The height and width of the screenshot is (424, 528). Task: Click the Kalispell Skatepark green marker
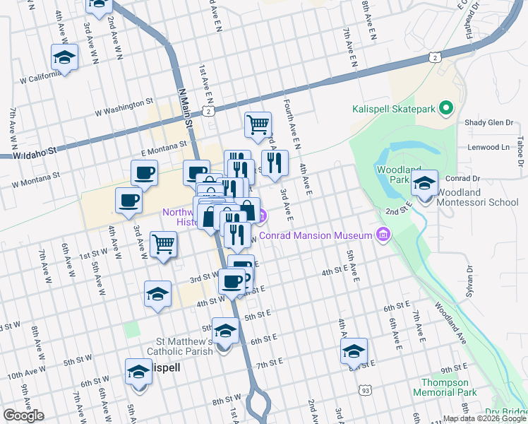pyautogui.click(x=445, y=108)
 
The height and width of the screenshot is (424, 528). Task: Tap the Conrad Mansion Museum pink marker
pyautogui.click(x=383, y=235)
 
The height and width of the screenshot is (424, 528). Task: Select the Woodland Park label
pyautogui.click(x=393, y=175)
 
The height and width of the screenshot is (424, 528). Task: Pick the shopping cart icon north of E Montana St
pyautogui.click(x=258, y=124)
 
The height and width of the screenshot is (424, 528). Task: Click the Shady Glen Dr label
pyautogui.click(x=488, y=123)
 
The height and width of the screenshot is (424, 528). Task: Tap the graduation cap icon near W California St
pyautogui.click(x=65, y=57)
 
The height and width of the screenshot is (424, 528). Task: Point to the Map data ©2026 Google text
pyautogui.click(x=484, y=418)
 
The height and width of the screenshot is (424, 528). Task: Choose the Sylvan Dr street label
pyautogui.click(x=467, y=276)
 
